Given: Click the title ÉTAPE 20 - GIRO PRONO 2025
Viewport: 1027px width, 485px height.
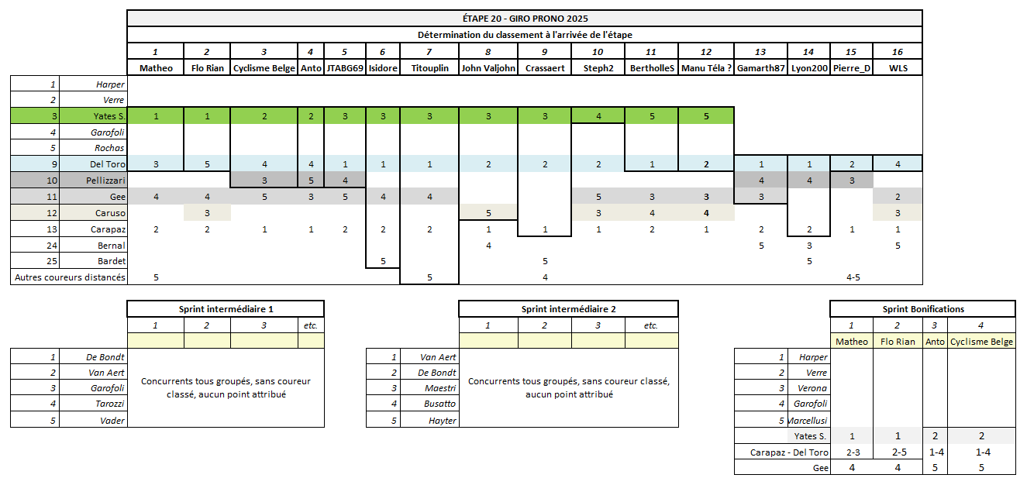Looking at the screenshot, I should point(525,18).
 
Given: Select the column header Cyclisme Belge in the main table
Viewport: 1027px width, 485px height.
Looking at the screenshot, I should point(264,68).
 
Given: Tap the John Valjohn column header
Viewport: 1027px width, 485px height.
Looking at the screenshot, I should point(488,68).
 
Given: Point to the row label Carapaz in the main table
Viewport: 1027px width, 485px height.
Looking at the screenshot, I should point(108,229).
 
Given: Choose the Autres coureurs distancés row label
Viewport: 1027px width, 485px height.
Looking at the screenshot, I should point(69,277).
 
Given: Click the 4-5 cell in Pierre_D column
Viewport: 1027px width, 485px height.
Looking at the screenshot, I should point(853,277).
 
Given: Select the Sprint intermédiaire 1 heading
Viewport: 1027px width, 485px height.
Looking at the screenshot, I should point(226,309).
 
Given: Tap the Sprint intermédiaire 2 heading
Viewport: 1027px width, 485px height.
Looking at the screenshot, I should point(568,309).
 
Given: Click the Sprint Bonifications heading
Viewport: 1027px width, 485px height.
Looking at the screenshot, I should point(922,309).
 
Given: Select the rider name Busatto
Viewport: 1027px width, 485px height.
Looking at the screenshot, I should point(440,404).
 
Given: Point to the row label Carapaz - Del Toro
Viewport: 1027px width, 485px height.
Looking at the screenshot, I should point(789,452).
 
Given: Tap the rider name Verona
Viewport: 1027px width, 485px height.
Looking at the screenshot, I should point(812,388).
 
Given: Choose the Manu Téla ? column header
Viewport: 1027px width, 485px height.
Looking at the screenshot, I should point(706,68).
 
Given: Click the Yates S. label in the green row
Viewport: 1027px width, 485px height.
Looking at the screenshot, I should point(108,116).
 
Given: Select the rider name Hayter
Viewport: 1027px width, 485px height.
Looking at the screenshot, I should point(443,420).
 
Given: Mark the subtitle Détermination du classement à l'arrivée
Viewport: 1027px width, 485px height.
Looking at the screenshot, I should point(525,35).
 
